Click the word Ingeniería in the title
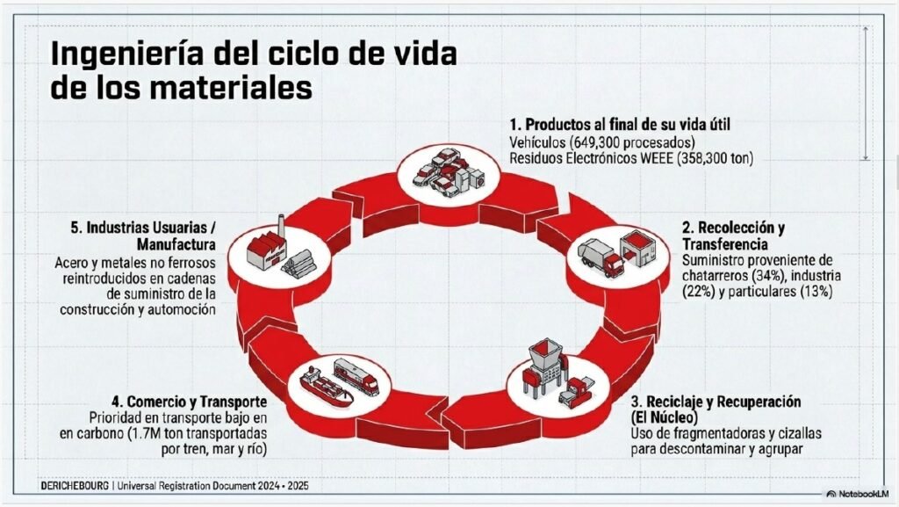point(127,54)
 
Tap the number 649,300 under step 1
point(596,141)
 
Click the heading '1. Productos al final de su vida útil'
point(620,125)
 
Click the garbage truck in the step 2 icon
point(600,257)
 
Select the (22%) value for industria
point(698,292)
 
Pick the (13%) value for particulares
point(816,292)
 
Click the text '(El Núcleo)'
point(665,416)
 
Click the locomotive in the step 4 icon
point(356,376)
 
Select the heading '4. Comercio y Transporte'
point(190,402)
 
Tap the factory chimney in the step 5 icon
point(281,227)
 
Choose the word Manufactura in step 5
point(176,244)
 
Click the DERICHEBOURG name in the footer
point(75,486)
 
